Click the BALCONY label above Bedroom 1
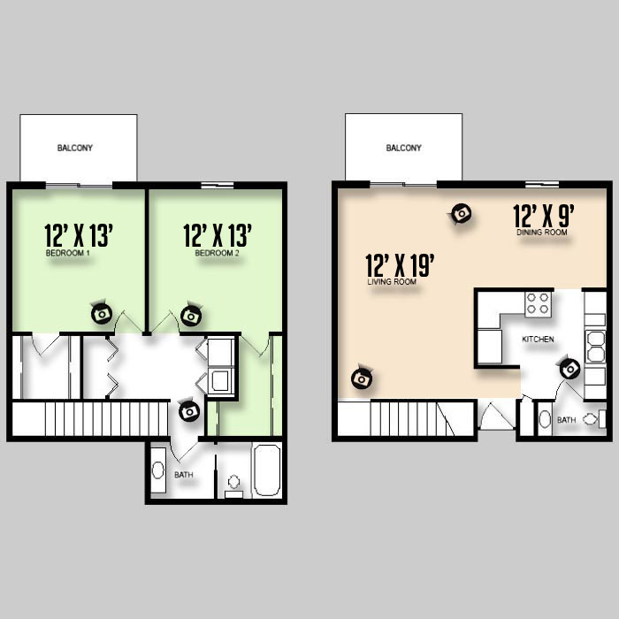74,148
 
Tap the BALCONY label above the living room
403,148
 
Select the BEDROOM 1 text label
68,253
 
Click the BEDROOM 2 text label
218,253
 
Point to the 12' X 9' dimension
543,216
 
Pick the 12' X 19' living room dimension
400,265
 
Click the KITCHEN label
538,339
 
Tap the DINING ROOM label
542,232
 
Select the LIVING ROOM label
392,281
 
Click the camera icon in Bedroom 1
102,313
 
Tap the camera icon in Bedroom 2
192,315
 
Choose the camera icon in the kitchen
570,369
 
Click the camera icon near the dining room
461,214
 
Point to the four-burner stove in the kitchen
538,303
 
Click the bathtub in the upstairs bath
267,470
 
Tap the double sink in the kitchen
595,348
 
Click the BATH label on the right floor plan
567,420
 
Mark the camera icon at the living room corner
362,378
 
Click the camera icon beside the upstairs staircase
189,411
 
